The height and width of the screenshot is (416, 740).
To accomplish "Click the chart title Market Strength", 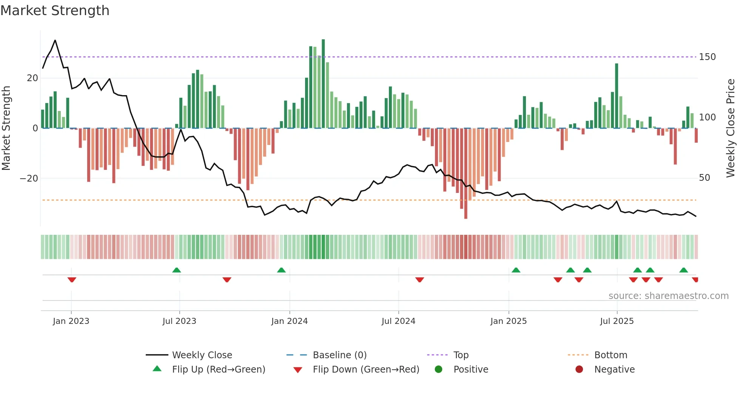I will coord(55,11).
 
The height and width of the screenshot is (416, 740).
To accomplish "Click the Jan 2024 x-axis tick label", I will coord(289,321).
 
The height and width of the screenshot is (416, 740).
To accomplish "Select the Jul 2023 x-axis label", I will coord(179,321).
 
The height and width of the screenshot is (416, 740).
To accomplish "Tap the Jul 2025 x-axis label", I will coord(617,321).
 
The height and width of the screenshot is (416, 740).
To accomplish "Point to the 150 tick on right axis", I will coord(707,57).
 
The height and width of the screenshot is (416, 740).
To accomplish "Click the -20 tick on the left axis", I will coord(29,178).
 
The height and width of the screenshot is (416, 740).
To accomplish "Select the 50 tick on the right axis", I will coord(704,178).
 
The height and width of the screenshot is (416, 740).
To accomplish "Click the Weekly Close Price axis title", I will coord(731,128).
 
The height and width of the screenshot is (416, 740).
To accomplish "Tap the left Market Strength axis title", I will coord(6,128).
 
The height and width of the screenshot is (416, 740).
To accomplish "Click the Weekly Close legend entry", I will coord(202,355).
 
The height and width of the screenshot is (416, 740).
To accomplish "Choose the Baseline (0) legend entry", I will coord(339,355).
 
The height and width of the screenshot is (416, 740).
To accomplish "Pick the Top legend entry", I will coord(461,355).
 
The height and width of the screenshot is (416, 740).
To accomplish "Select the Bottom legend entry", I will coord(610,355).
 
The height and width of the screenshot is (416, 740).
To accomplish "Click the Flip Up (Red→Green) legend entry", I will coord(218,370).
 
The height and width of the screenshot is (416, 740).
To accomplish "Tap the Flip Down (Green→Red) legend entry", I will coord(366,370).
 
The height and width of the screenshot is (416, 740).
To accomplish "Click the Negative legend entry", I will coord(614,370).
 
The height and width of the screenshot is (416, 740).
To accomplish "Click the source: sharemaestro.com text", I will coord(668,296).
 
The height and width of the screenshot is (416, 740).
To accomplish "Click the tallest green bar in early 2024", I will coord(323,83).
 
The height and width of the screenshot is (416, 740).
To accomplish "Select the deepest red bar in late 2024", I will coord(466,174).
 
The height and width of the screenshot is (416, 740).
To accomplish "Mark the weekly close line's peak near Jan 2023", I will coord(55,40).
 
